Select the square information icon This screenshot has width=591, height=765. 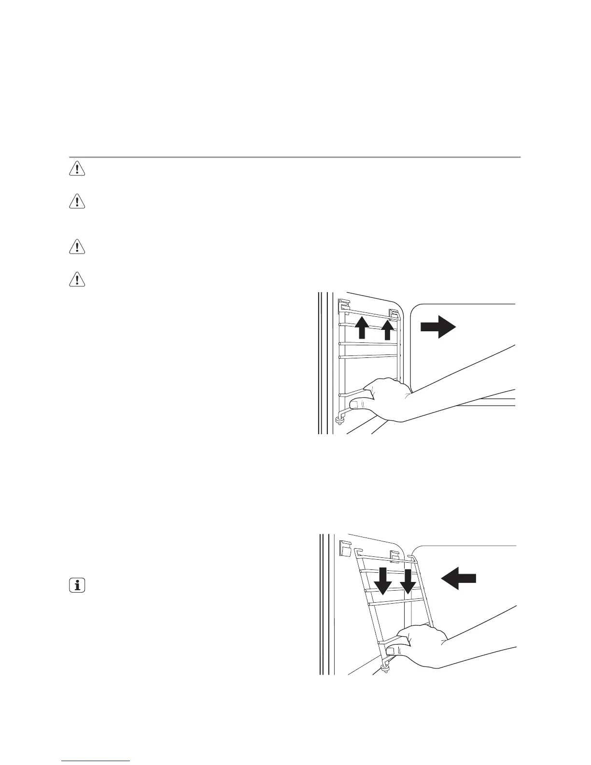click(76, 586)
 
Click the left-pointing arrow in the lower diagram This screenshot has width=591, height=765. click(459, 578)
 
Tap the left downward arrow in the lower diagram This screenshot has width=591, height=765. click(384, 581)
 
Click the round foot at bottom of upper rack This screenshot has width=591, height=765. click(340, 421)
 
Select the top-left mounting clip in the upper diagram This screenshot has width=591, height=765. click(343, 305)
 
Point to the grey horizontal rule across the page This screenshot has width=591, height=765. click(295, 157)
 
